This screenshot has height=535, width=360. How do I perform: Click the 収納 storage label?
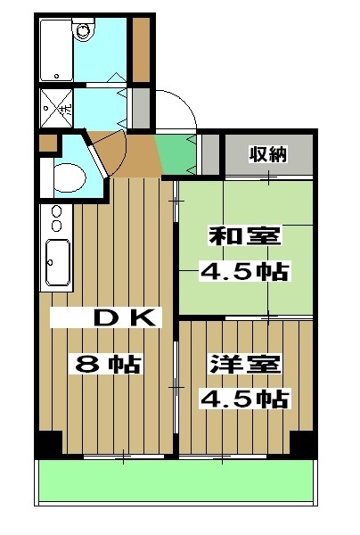268,153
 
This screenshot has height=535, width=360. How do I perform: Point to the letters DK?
127,317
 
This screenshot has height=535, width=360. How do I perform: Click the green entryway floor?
176,155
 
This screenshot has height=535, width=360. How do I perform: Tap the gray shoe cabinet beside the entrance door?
140,107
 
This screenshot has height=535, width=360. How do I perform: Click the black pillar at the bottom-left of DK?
50,442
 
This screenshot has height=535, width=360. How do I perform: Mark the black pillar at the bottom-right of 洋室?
303,442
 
